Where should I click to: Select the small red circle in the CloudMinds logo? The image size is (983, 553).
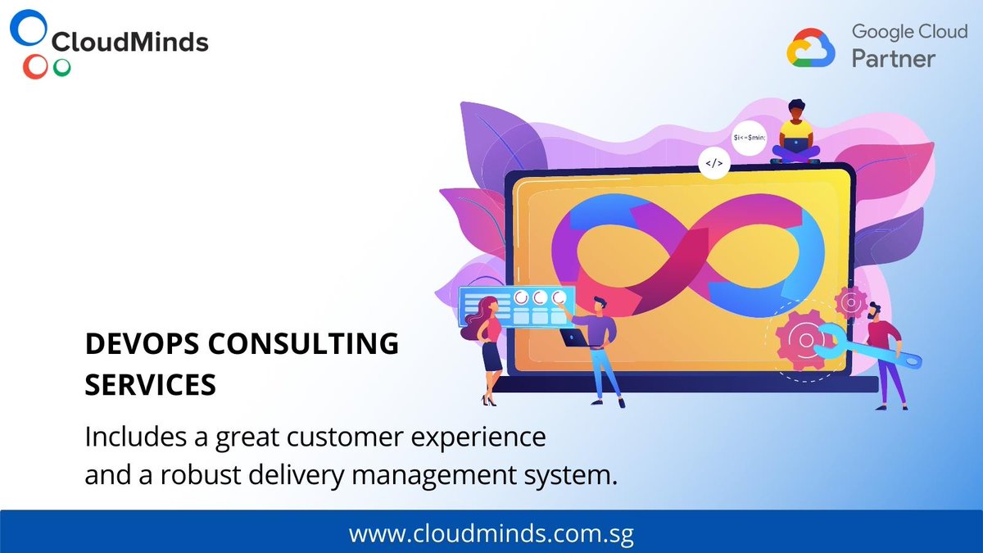click(x=34, y=67)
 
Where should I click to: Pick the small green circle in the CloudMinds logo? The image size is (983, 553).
click(x=61, y=68)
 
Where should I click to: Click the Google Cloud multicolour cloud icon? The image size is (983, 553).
click(x=811, y=48)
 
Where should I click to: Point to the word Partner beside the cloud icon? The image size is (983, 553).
click(x=893, y=59)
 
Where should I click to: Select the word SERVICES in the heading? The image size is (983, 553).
click(x=151, y=384)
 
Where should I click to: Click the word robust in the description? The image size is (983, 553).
click(x=214, y=475)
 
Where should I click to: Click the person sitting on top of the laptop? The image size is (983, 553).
click(x=795, y=133)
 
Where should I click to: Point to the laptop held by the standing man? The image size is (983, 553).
click(x=574, y=336)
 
